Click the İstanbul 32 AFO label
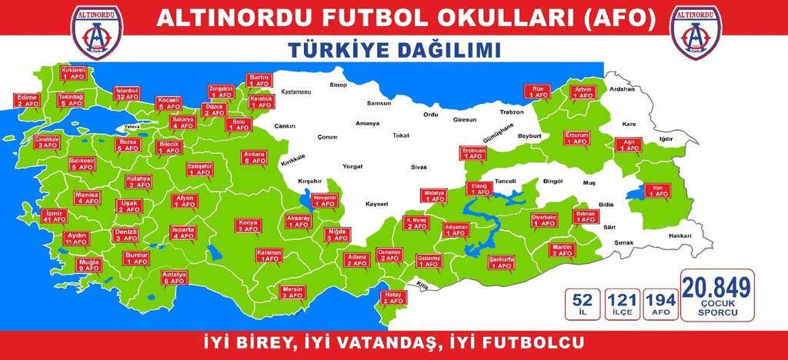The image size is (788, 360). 126,94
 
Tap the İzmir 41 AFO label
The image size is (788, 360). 53,215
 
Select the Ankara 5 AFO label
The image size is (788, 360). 255,158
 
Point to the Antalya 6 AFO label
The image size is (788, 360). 170,278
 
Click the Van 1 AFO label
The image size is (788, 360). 658,190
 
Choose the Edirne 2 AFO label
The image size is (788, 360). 26,101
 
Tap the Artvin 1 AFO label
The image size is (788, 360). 582,93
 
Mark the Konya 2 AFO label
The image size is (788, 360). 251,227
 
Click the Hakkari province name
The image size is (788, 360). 679,235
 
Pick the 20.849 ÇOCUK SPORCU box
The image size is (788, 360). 717,295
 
